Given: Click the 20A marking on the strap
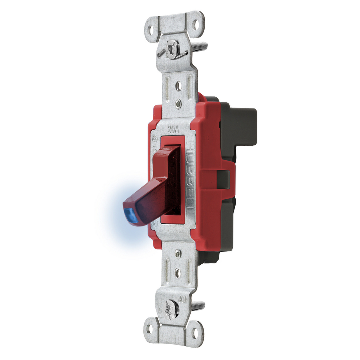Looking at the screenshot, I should point(173,130).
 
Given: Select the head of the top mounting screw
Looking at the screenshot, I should point(172,49).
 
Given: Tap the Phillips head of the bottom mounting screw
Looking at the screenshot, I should point(171,309).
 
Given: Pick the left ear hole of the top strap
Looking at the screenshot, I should point(150,30).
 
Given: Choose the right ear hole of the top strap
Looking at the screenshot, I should point(195,25).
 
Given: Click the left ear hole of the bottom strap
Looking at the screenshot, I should point(150,329).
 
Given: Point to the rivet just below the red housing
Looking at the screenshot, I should point(178,253).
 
